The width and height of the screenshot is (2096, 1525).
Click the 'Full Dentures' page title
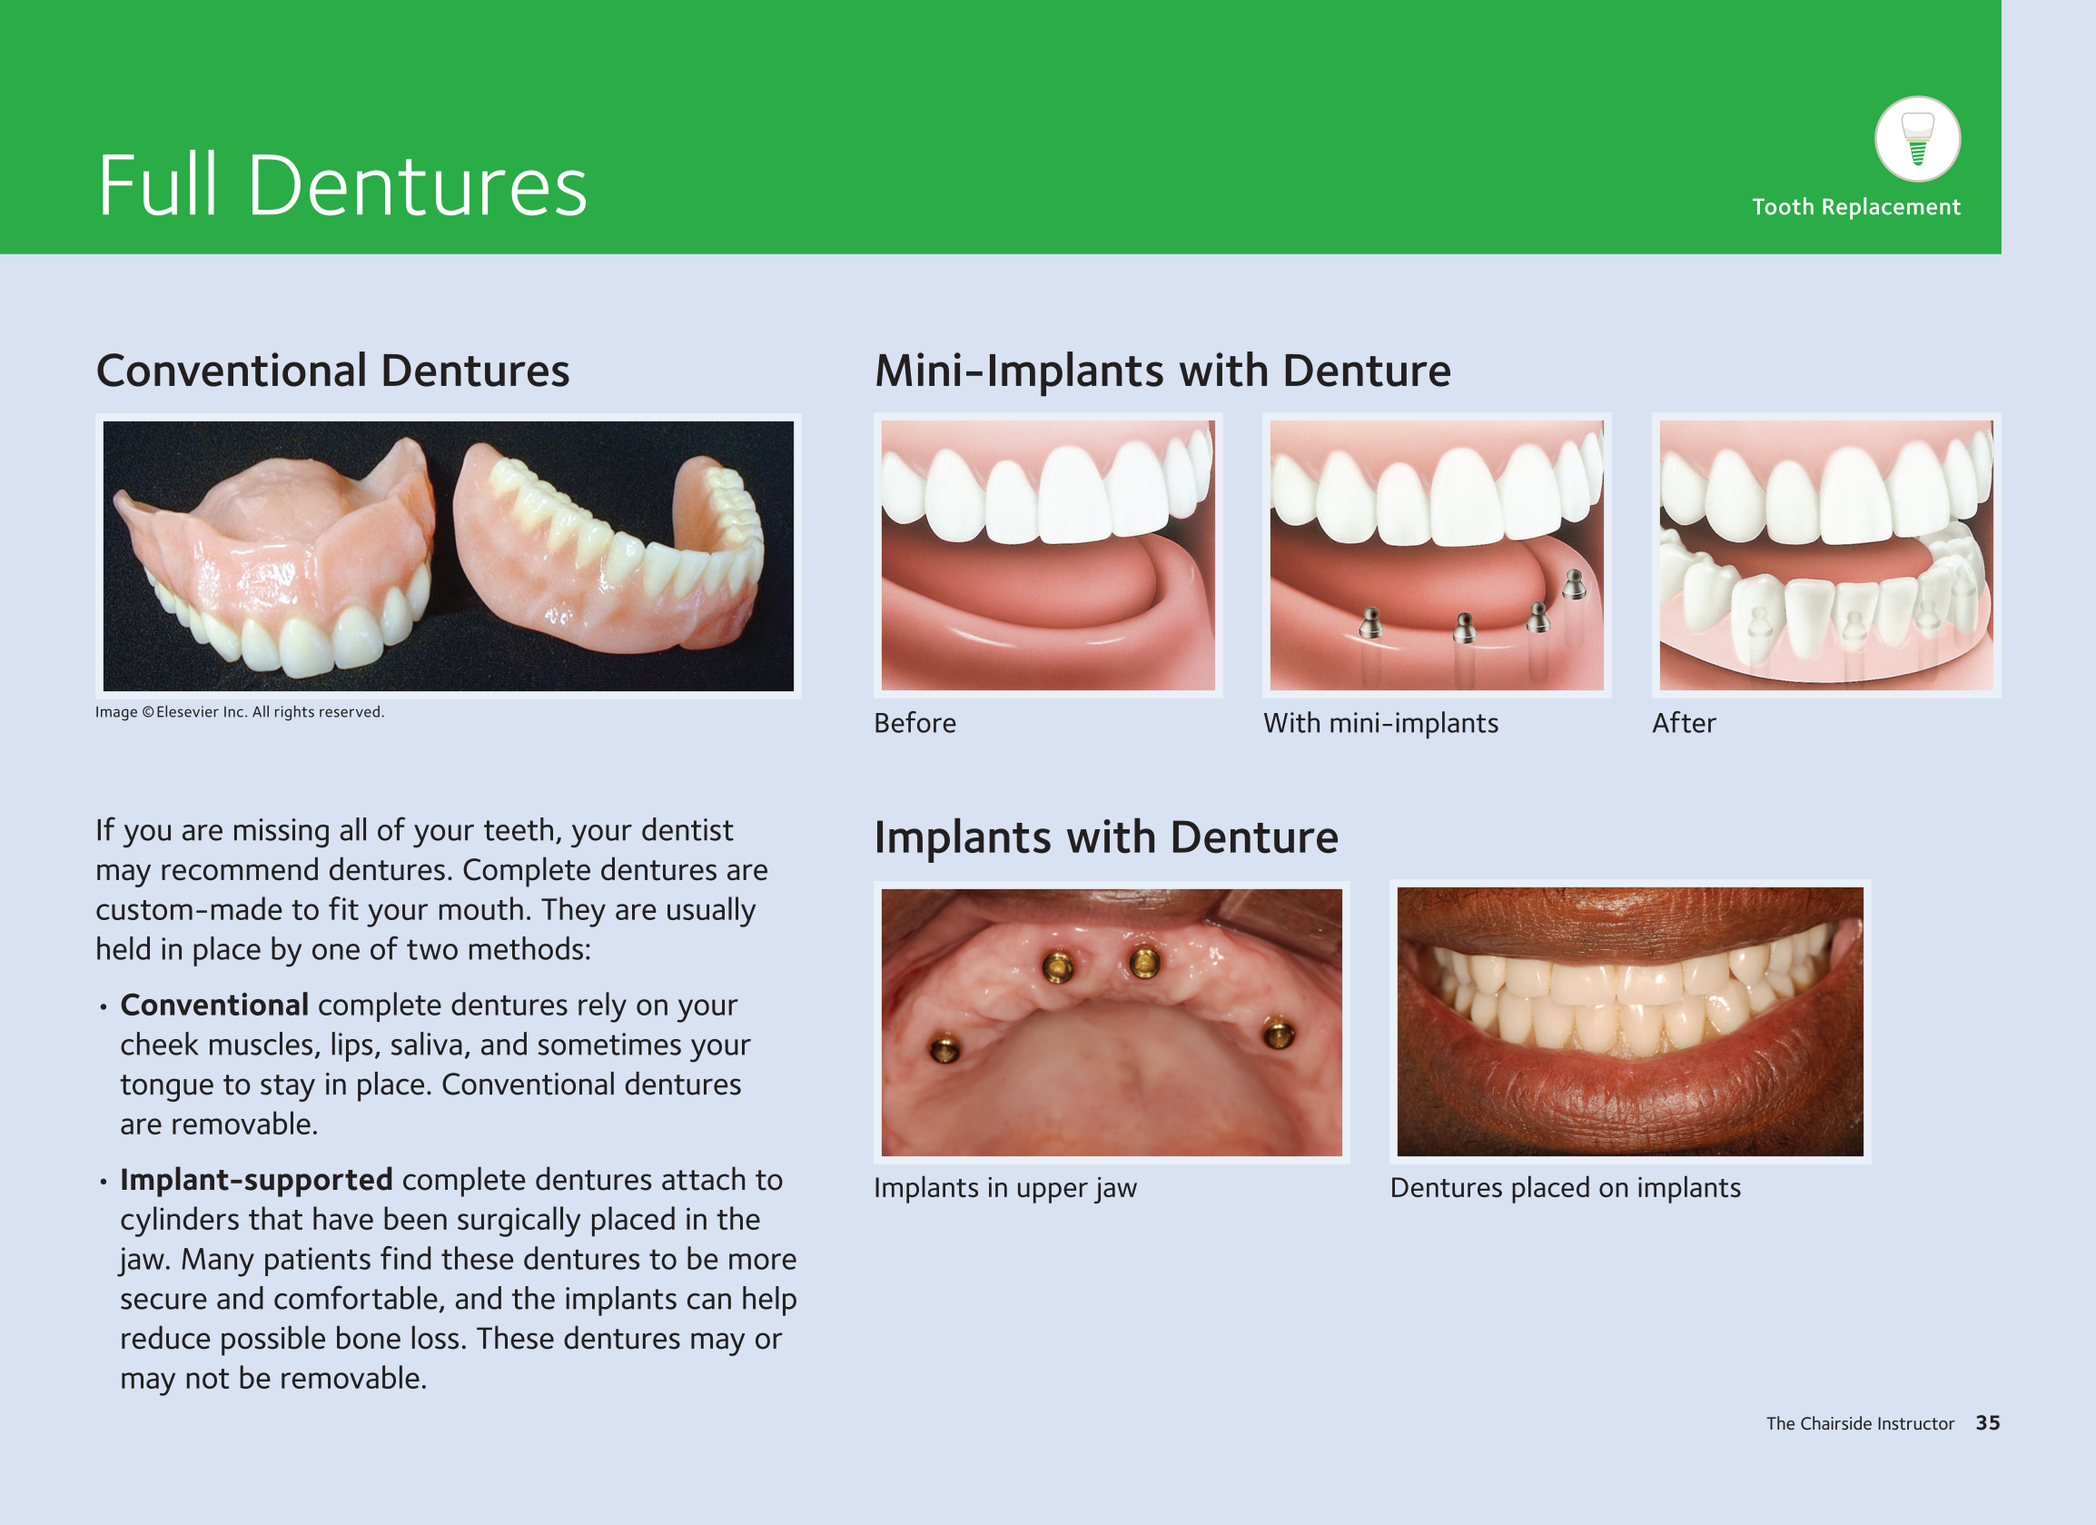tap(342, 186)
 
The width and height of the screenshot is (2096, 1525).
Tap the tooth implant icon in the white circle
tap(1918, 140)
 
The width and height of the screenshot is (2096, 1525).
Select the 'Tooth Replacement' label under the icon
tap(1855, 207)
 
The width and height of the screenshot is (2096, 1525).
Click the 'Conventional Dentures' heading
tap(332, 371)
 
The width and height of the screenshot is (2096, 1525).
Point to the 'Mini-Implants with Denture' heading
tap(1162, 371)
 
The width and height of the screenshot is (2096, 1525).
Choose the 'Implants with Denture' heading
tap(1106, 837)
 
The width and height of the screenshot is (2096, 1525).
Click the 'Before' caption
tap(915, 723)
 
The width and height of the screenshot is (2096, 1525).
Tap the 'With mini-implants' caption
tap(1380, 723)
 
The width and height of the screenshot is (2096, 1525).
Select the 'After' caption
tap(1684, 723)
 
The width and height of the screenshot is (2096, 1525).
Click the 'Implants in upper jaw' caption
tap(1005, 1188)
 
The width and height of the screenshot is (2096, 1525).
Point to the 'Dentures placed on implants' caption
tap(1566, 1188)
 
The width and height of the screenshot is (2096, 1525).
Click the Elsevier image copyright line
tap(240, 712)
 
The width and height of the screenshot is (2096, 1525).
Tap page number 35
tap(1988, 1423)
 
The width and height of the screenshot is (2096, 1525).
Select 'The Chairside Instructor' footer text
tap(1861, 1423)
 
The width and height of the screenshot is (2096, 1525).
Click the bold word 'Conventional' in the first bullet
tap(214, 1005)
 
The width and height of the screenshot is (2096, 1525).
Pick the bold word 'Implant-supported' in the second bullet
tap(256, 1180)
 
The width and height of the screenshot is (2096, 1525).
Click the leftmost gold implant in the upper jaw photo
tap(944, 1048)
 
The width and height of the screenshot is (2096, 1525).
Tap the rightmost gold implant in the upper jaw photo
tap(1278, 1034)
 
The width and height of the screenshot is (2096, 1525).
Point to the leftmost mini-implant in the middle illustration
tap(1371, 623)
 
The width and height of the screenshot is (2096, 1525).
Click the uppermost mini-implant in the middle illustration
tap(1575, 584)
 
